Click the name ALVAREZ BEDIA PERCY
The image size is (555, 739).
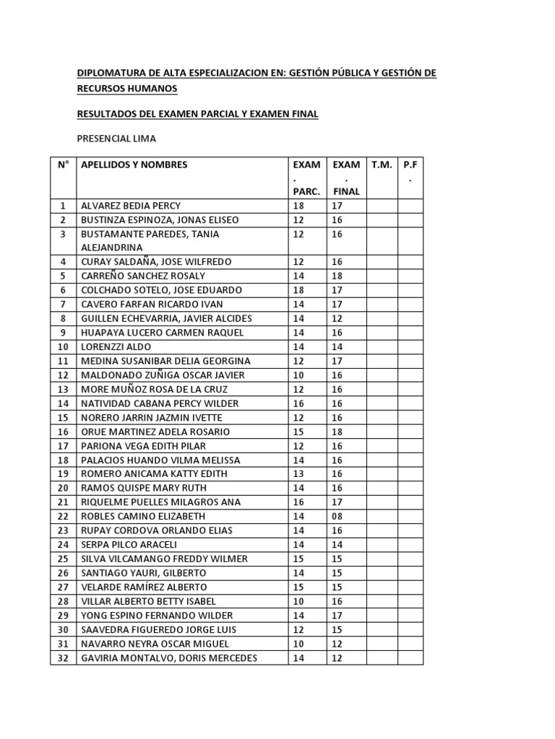click(130, 206)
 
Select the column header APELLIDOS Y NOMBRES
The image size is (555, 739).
click(134, 165)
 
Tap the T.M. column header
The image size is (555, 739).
click(382, 165)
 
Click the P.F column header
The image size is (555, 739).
click(410, 165)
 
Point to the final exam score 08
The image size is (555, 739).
click(338, 516)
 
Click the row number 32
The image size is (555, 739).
click(63, 657)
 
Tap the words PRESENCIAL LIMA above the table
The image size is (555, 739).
click(116, 139)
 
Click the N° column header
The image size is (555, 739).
click(63, 165)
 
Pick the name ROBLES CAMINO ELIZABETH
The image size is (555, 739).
click(142, 516)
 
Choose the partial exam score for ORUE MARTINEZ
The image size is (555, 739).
click(299, 432)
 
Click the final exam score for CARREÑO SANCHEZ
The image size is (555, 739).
click(338, 276)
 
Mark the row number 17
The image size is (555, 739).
click(63, 446)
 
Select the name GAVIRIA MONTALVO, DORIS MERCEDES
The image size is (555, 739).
click(168, 657)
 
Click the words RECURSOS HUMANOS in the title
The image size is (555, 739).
click(126, 88)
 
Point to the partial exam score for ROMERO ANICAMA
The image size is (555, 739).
click(299, 474)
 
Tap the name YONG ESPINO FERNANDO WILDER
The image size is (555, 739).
click(157, 616)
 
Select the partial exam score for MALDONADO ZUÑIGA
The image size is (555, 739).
click(299, 375)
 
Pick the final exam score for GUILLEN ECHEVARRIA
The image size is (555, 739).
click(338, 318)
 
